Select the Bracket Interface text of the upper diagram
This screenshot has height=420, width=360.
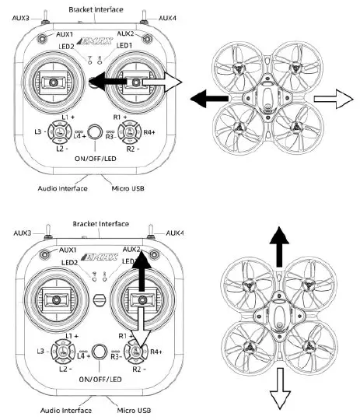[x=98, y=9]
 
